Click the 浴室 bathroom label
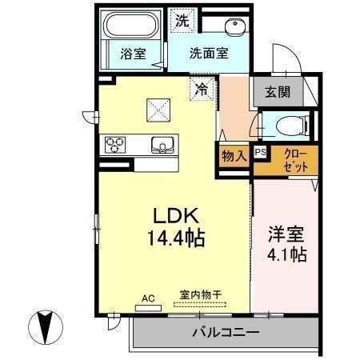coord(132,54)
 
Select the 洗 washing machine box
coord(183,22)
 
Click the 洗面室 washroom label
coord(209,54)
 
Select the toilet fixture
coord(287,125)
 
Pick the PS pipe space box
coord(260,151)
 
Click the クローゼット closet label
coord(289,162)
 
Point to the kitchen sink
coord(163,146)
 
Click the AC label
coord(147,298)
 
